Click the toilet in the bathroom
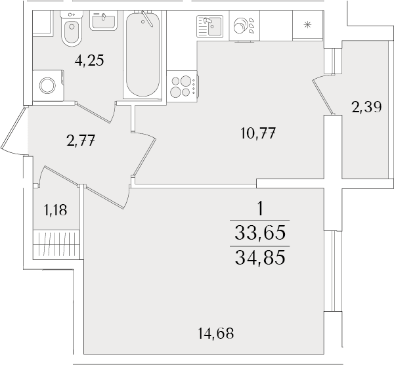click(x=72, y=28)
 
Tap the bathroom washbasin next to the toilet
click(x=103, y=20)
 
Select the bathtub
click(x=142, y=54)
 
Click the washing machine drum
click(x=47, y=85)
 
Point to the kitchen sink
click(x=210, y=26)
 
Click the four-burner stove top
click(x=182, y=87)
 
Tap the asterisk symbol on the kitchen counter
click(x=307, y=25)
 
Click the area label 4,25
click(x=89, y=60)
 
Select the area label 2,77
click(x=81, y=140)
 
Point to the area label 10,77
click(x=258, y=133)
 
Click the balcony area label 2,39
click(x=366, y=107)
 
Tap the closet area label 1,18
click(x=56, y=210)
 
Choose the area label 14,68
click(x=216, y=333)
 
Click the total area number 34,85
click(x=260, y=258)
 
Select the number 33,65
click(x=260, y=232)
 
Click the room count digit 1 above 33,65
click(x=260, y=209)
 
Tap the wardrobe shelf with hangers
click(x=56, y=244)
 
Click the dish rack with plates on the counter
click(x=244, y=26)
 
